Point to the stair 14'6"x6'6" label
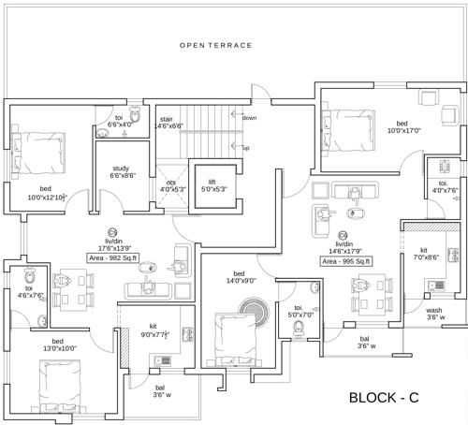pyautogui.click(x=168, y=122)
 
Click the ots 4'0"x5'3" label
pyautogui.click(x=171, y=185)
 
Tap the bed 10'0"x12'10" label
pyautogui.click(x=45, y=194)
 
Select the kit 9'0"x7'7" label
pyautogui.click(x=154, y=330)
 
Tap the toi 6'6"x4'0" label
pyautogui.click(x=119, y=121)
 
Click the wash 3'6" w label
pyautogui.click(x=434, y=314)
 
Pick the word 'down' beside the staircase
pyautogui.click(x=250, y=118)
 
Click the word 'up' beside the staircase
pyautogui.click(x=246, y=148)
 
